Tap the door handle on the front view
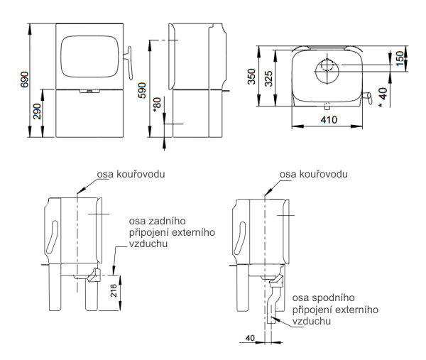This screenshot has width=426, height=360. [x=129, y=64]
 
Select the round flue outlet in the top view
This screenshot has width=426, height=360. [x=327, y=68]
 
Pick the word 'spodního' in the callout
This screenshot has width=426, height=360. [x=325, y=298]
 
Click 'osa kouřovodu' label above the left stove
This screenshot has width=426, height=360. [x=130, y=175]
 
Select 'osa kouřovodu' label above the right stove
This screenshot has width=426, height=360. [x=313, y=175]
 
